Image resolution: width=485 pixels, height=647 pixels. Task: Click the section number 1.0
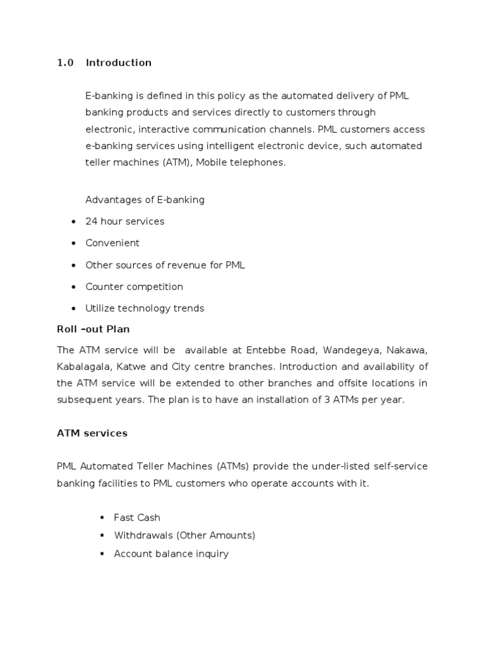[65, 63]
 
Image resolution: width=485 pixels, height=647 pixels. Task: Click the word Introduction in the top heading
[119, 63]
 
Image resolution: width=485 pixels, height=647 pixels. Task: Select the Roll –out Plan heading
[93, 329]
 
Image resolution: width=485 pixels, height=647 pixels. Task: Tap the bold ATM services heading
[92, 433]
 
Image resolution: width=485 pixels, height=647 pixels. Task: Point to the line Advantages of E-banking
[145, 200]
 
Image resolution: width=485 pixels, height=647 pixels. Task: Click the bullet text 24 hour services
[125, 221]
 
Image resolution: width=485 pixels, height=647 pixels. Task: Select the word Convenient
[112, 243]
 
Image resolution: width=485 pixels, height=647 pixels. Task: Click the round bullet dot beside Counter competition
[73, 287]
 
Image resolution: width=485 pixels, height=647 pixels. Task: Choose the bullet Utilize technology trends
[145, 308]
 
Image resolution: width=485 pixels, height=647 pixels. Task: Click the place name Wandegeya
[350, 351]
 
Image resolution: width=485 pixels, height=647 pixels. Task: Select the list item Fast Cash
[137, 517]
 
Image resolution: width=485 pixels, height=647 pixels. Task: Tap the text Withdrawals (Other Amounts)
[184, 535]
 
